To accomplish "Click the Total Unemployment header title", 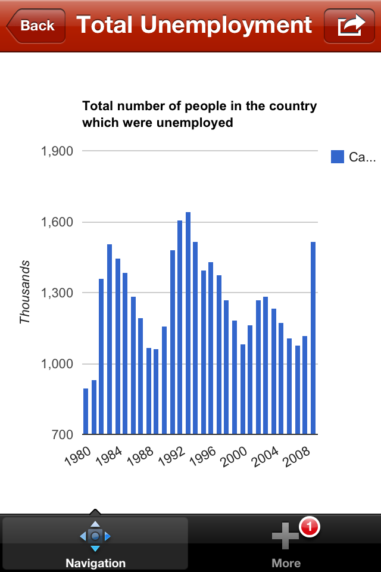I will [194, 25].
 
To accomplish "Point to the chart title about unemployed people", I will [199, 114].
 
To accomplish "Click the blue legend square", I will [338, 157].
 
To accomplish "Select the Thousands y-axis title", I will [25, 292].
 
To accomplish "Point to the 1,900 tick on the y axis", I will [57, 151].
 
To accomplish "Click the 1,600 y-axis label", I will [57, 222].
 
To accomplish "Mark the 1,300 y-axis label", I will [57, 293].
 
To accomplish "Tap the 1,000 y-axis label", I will [57, 364].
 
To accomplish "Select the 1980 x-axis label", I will [77, 455].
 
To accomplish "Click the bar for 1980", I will [86, 411].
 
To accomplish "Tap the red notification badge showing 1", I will [310, 527].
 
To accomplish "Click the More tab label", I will [286, 562].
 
